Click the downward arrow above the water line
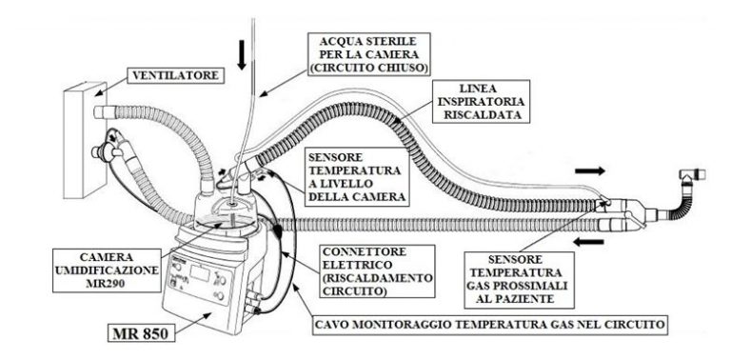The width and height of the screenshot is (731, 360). (243, 57)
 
